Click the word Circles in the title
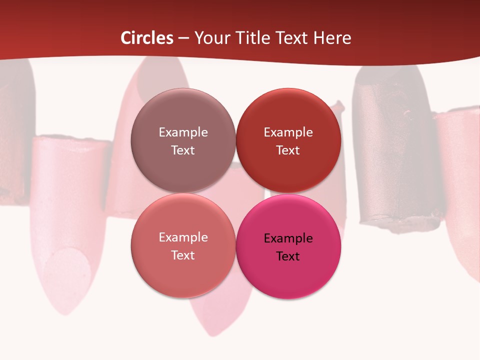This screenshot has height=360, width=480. click(147, 38)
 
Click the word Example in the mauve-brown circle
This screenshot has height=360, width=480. click(183, 132)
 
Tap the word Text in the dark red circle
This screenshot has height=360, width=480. click(288, 150)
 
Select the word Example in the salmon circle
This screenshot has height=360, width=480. click(183, 237)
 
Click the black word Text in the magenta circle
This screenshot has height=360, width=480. click(288, 256)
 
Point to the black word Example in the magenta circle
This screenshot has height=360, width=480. click(288, 238)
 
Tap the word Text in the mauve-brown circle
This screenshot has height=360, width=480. click(183, 150)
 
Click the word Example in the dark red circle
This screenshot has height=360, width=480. click(288, 132)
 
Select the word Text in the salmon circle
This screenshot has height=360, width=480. click(183, 255)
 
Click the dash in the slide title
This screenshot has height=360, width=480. click(183, 38)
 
